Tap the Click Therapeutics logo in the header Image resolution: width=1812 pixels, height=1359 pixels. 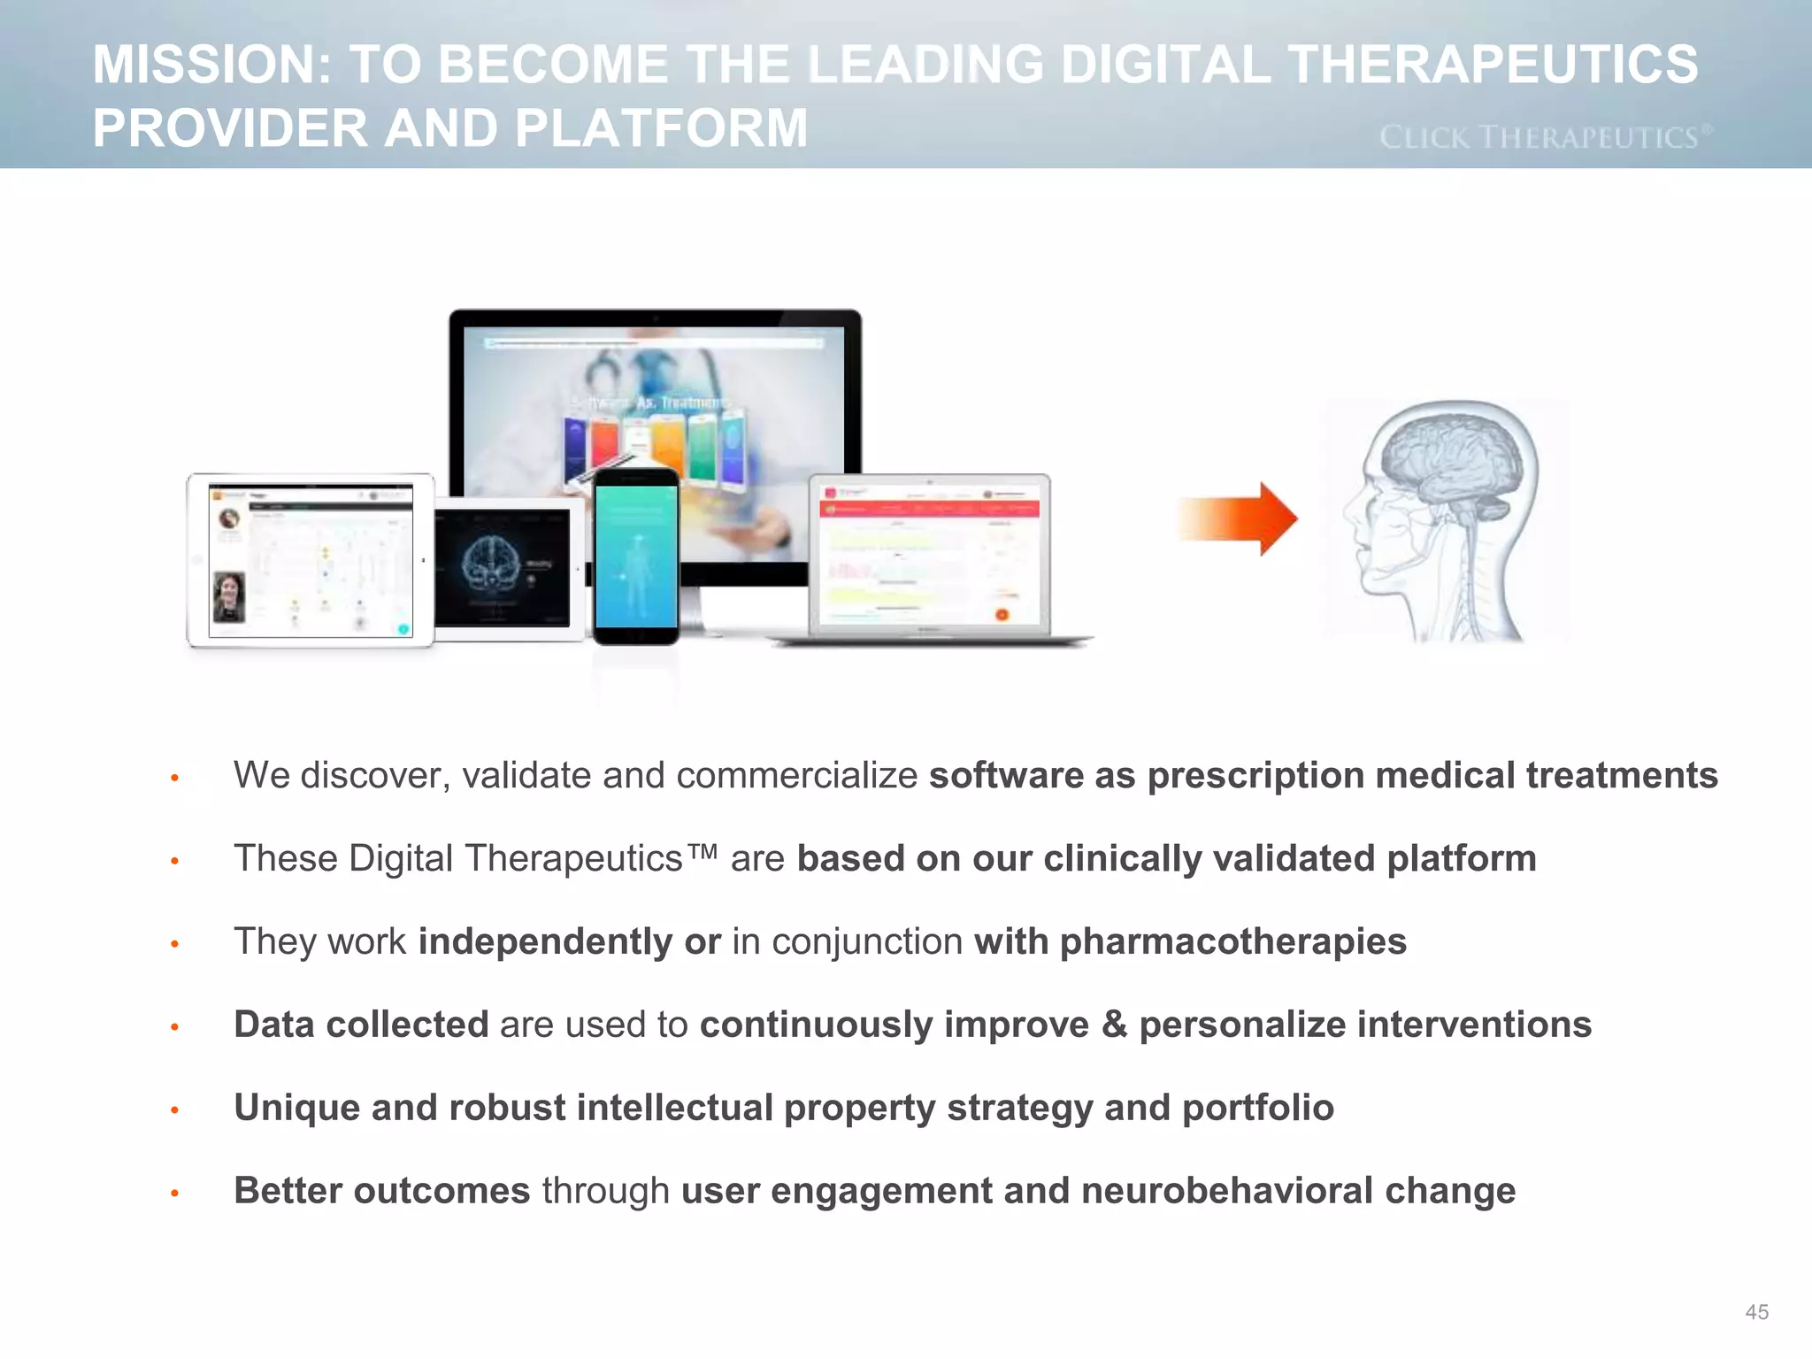click(x=1545, y=137)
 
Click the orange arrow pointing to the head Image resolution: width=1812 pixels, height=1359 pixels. click(x=1239, y=518)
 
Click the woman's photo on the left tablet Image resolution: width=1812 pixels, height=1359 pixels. click(x=229, y=597)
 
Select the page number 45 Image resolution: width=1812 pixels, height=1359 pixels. click(x=1756, y=1312)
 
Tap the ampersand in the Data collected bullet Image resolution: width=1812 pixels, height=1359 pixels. click(x=1114, y=1025)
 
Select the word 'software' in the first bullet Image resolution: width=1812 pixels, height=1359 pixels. click(x=1006, y=776)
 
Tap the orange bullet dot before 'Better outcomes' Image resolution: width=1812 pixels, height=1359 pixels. click(x=175, y=1194)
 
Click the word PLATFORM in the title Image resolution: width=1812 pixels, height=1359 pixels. click(x=660, y=128)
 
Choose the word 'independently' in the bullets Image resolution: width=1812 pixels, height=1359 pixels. click(x=545, y=941)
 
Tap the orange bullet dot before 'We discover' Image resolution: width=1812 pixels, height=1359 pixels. click(x=175, y=778)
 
